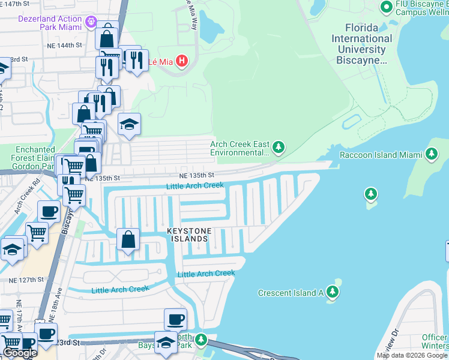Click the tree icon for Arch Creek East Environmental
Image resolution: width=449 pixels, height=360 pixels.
pos(277,147)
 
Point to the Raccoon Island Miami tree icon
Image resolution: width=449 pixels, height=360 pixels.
pos(431,154)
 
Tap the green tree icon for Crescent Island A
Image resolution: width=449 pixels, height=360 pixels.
pos(333,292)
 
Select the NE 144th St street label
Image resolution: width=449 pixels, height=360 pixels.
pos(68,46)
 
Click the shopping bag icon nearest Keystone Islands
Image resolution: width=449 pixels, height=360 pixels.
pos(128,240)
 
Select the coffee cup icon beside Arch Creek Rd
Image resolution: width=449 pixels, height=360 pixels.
pos(49,211)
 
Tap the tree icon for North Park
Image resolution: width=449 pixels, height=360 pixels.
pos(201,340)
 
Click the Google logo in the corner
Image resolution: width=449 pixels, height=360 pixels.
pos(20,353)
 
